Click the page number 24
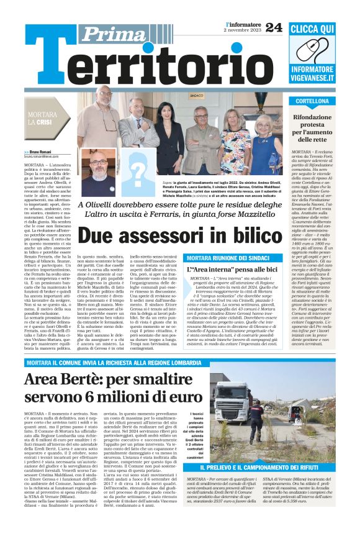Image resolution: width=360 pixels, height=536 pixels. (274, 27)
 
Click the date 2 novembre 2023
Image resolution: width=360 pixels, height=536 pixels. (242, 30)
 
